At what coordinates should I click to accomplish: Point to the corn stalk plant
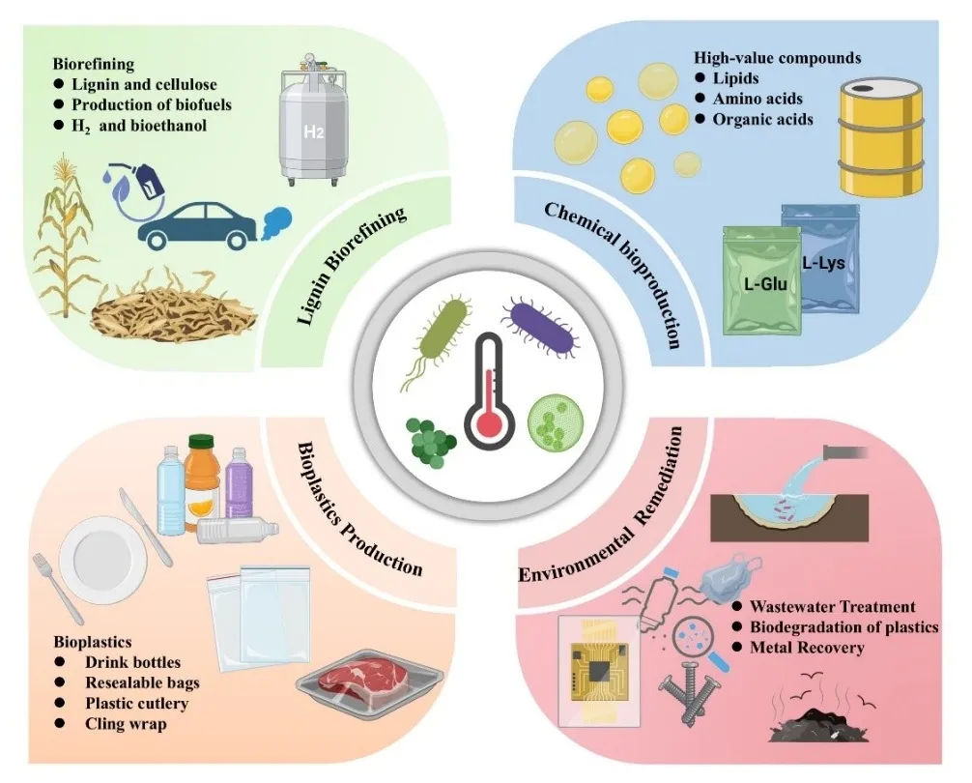pos(60,243)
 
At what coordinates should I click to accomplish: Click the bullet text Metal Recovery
pos(807,648)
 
